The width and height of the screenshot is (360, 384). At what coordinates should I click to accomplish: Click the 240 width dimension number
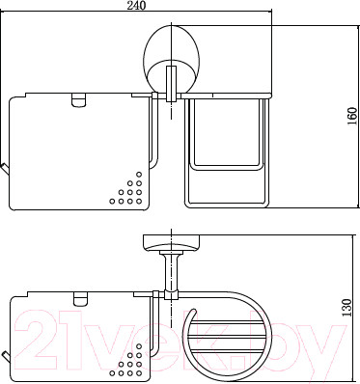pos(136,5)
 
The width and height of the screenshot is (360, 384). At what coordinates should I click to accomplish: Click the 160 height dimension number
pos(352,116)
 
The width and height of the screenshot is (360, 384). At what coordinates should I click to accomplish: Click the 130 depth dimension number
pos(346,308)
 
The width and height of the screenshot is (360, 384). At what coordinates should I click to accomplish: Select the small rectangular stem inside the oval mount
pos(171,84)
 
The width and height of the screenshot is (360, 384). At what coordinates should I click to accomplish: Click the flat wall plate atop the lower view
pos(172,241)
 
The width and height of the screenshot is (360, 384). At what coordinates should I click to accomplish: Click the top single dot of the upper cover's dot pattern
pos(139,175)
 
